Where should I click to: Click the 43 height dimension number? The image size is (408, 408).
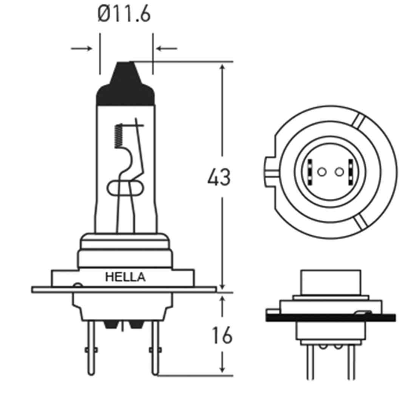pyautogui.click(x=219, y=177)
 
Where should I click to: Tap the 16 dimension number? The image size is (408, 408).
pyautogui.click(x=222, y=335)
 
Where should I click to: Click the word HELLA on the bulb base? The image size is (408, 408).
pyautogui.click(x=125, y=277)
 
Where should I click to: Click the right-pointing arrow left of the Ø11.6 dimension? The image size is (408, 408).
pyautogui.click(x=82, y=48)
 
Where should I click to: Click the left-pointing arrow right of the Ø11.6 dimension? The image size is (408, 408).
pyautogui.click(x=167, y=48)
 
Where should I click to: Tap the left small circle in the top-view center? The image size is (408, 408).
pyautogui.click(x=321, y=172)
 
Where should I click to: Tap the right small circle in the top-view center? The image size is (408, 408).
pyautogui.click(x=339, y=172)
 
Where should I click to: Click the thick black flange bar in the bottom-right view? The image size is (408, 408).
pyautogui.click(x=331, y=318)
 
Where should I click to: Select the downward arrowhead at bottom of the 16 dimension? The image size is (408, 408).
pyautogui.click(x=223, y=369)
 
